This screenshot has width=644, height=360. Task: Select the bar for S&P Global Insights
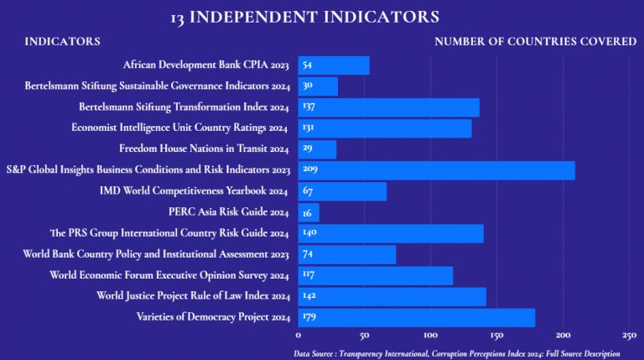pos(436,170)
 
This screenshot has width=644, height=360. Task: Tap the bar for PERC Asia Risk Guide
pos(309,212)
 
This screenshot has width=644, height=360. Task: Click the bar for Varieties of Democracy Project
pos(416,317)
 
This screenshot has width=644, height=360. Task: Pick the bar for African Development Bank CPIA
pos(334,65)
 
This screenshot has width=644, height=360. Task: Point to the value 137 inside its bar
pos(309,107)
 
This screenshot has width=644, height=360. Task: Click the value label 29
pos(307,149)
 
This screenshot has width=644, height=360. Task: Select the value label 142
pos(309,296)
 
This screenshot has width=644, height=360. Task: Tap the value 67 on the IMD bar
pos(307,191)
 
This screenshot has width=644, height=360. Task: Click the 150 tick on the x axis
pos(496,335)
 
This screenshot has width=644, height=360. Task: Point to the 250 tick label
pos(630,335)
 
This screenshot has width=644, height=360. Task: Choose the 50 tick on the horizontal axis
pos(364,335)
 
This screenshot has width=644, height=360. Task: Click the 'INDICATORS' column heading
pos(62,41)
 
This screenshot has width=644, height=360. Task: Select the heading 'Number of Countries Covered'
pos(535,41)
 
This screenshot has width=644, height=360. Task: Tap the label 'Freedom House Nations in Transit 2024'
pos(204,149)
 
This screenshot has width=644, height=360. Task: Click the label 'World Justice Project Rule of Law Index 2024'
pos(193,296)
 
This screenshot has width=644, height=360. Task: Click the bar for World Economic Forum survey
pos(376,275)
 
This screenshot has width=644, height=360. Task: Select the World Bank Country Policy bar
pos(347,254)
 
